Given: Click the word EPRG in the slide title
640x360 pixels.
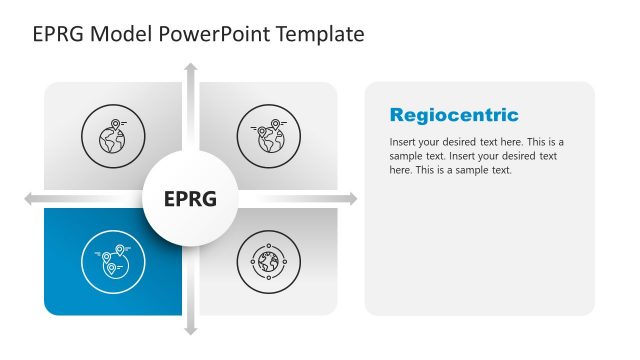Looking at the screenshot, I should pos(59,35).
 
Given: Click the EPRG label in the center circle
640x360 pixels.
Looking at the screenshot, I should pos(190,199).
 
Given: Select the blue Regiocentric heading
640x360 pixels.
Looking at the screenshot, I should pos(454,115).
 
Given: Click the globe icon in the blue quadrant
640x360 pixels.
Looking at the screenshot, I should pos(112,262).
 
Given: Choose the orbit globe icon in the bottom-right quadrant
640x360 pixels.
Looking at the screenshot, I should pos(268,262).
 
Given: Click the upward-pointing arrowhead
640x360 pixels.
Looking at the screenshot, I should pos(190,68).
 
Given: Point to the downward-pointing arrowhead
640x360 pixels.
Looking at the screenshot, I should pos(190,329).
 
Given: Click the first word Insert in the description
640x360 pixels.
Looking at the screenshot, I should pos(403,142).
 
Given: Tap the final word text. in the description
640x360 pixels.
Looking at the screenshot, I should pos(500,170).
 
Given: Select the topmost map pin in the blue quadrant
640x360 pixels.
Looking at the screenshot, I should pos(120,249).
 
